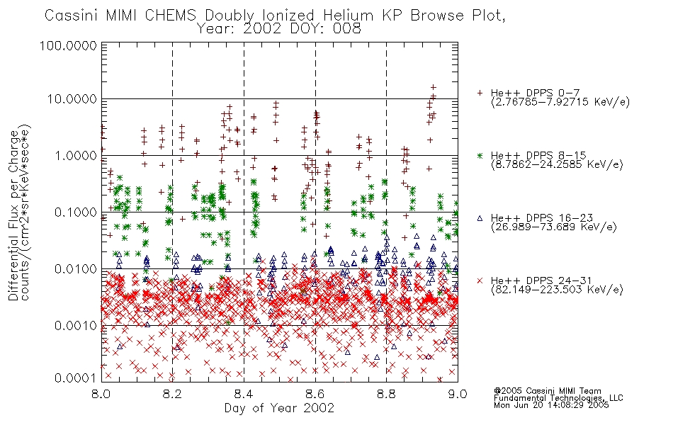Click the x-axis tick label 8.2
(x=172, y=394)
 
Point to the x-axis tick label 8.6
(x=315, y=394)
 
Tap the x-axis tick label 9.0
(x=458, y=394)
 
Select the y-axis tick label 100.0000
(x=69, y=45)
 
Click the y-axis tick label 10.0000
(x=72, y=99)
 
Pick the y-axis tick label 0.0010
(x=76, y=326)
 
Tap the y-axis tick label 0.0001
(x=76, y=378)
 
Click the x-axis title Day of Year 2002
(x=279, y=408)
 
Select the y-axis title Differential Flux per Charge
(x=14, y=215)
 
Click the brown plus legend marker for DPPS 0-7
(x=480, y=93)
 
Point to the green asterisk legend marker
(x=480, y=155)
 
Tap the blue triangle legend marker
(x=480, y=218)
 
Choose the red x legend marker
(x=480, y=280)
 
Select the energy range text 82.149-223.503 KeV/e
(x=557, y=290)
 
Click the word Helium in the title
(x=348, y=16)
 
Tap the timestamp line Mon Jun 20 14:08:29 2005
(x=551, y=405)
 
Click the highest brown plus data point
(x=433, y=88)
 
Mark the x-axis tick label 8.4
(x=244, y=394)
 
